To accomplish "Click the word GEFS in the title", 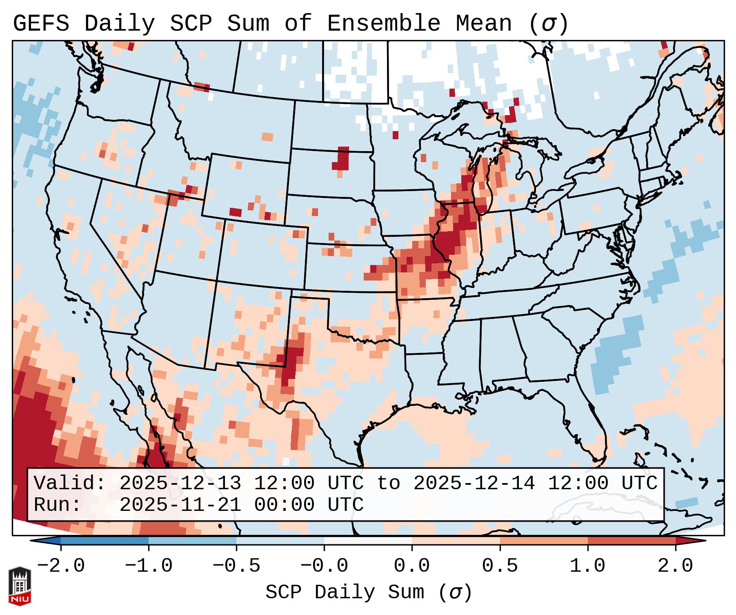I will pyautogui.click(x=41, y=23).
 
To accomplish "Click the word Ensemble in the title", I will pyautogui.click(x=384, y=23).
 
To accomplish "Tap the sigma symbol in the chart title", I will pyautogui.click(x=548, y=24).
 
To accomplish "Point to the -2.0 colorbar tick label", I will pyautogui.click(x=61, y=566).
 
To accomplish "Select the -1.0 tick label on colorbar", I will pyautogui.click(x=149, y=566).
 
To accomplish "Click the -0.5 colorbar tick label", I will pyautogui.click(x=236, y=566).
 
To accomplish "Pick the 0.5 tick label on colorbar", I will pyautogui.click(x=500, y=566).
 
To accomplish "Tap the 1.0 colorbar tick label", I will pyautogui.click(x=588, y=566).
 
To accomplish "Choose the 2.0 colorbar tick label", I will pyautogui.click(x=676, y=566).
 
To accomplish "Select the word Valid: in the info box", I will pyautogui.click(x=70, y=484).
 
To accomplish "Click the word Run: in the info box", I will pyautogui.click(x=58, y=505).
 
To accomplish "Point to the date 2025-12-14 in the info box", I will pyautogui.click(x=474, y=484).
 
